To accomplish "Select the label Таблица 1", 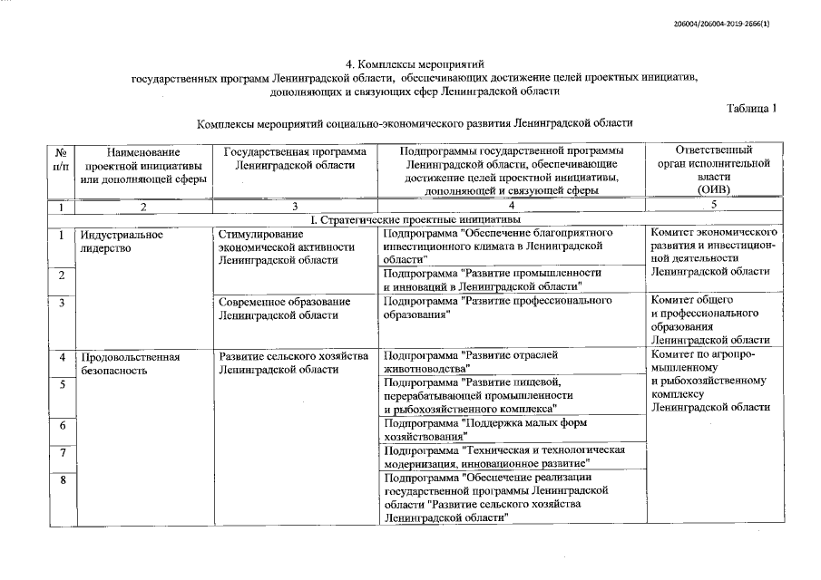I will tap(752, 109).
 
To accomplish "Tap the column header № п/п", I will tap(61, 159).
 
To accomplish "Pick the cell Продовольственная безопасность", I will tap(130, 363).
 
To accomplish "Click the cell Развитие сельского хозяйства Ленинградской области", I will tap(294, 363).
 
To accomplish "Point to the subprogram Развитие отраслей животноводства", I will tap(471, 362).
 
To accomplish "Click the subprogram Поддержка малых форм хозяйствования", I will tap(485, 429).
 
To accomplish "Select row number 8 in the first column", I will tap(62, 480).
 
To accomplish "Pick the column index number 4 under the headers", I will tap(511, 207).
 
